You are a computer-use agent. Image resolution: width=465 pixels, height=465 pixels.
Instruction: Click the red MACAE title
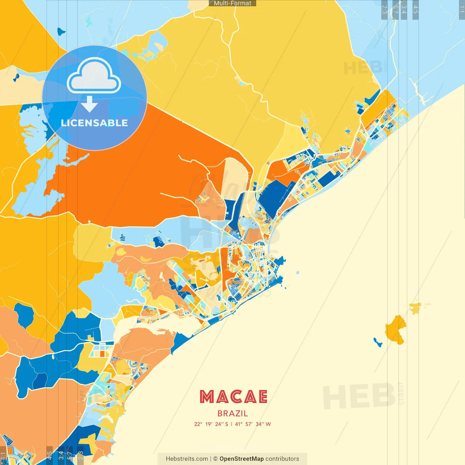[233, 397]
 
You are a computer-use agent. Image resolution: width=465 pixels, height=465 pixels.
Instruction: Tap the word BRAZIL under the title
[232, 413]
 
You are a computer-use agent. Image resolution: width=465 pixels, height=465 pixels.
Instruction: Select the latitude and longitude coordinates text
[232, 424]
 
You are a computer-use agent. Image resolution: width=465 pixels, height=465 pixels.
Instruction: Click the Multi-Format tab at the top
[232, 3]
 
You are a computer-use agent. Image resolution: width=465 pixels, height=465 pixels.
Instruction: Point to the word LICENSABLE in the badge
[94, 123]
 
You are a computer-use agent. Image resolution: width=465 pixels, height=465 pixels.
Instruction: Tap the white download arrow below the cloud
[89, 104]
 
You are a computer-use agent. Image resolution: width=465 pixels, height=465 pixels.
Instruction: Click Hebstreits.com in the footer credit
[187, 459]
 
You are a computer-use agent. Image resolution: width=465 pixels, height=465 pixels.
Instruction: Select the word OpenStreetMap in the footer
[241, 459]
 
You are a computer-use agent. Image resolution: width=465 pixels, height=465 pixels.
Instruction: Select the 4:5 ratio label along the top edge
[415, 9]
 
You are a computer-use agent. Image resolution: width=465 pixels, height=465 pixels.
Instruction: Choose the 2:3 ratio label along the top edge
[384, 9]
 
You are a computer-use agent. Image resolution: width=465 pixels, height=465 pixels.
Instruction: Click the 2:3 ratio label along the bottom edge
[81, 455]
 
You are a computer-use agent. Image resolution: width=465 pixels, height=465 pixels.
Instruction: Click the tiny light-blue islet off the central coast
[298, 272]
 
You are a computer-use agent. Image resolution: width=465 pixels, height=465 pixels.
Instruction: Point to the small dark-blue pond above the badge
[61, 32]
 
